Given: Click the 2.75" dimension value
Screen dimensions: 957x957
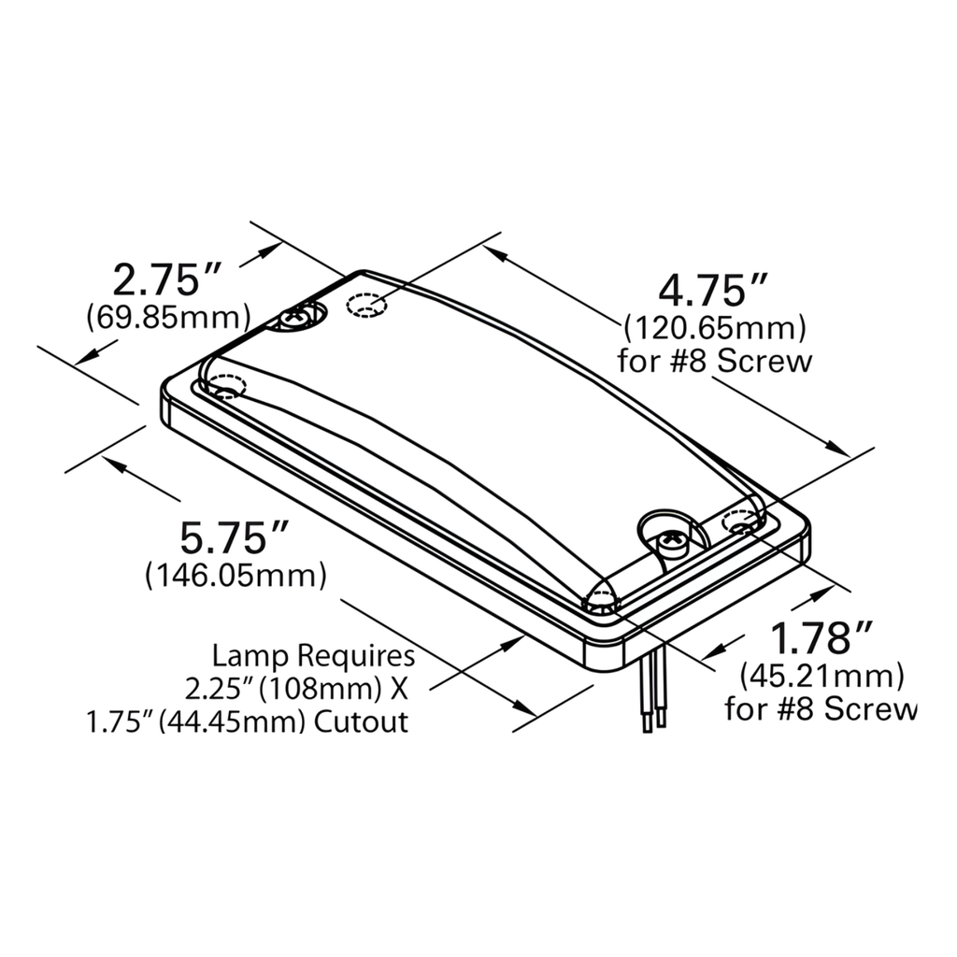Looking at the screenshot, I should coord(166,279).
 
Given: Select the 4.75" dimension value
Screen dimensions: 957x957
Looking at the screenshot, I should coord(714,290).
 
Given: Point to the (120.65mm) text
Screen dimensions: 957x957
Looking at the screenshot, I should coord(714,328).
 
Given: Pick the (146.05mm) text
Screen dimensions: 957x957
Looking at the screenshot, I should coord(236,574).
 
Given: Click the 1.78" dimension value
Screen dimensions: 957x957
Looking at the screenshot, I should coord(820,638).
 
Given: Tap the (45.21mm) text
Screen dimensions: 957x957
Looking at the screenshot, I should coord(821,674).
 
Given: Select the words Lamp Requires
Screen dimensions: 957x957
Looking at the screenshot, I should coord(313,654).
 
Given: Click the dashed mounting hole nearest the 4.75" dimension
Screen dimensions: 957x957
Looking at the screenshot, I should coord(366,306).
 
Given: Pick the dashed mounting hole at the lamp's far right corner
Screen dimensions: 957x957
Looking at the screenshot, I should coord(743,525).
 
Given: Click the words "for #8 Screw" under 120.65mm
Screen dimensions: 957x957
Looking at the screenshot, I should coord(715,361).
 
